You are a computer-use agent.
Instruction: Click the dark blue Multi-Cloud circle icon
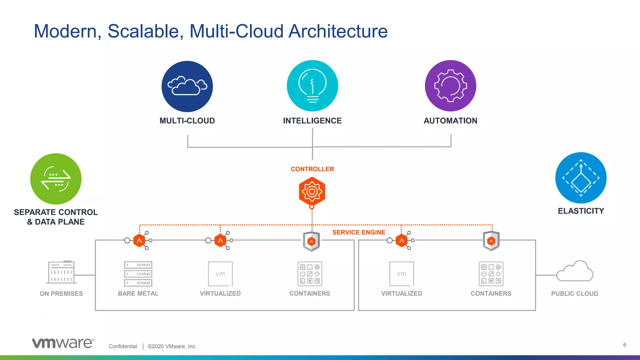[187, 86]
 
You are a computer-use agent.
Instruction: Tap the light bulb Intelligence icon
[312, 86]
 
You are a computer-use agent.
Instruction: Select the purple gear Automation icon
[450, 86]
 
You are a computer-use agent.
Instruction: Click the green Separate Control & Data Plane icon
[56, 179]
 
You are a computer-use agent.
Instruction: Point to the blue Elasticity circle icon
[581, 178]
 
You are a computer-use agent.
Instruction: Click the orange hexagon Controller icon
[312, 191]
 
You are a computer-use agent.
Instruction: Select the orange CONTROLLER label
[312, 169]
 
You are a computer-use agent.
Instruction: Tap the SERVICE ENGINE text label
[358, 232]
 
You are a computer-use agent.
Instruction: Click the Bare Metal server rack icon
[138, 274]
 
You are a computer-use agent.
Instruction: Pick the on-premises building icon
[61, 272]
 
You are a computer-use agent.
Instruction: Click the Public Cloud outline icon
[575, 271]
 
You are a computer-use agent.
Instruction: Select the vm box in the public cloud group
[402, 274]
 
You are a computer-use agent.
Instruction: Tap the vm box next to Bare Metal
[220, 274]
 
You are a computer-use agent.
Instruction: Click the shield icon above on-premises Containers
[311, 241]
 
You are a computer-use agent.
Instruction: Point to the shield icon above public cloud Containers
[491, 241]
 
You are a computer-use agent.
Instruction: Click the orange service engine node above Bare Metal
[139, 241]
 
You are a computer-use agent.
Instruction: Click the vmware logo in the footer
[63, 343]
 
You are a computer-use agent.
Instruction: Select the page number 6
[624, 345]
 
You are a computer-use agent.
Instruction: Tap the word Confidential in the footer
[123, 346]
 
